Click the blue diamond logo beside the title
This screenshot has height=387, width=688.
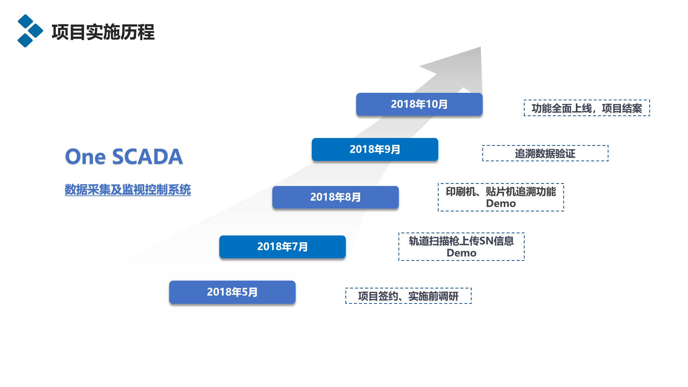[30, 31]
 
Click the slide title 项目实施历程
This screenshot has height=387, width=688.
[103, 32]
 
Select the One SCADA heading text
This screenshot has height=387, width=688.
[124, 157]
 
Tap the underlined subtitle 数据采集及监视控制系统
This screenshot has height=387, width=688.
[128, 190]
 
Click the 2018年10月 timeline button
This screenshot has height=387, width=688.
[419, 104]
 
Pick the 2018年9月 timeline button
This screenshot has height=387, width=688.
[375, 149]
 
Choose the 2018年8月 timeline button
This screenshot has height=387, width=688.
[335, 197]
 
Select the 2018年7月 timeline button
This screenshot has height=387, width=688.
[282, 247]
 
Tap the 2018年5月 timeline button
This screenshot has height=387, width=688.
[232, 292]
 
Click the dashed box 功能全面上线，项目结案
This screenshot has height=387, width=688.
[587, 108]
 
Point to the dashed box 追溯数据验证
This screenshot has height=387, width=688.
[545, 153]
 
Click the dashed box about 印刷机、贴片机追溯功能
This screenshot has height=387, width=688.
[501, 197]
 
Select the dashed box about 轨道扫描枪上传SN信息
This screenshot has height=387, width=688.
[462, 247]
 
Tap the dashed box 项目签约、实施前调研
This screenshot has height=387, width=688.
[408, 296]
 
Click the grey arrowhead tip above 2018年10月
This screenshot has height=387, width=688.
[480, 47]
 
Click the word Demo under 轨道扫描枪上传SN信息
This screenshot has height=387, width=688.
[462, 253]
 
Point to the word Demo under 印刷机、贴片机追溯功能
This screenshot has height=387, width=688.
[501, 204]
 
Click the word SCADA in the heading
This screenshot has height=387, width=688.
[147, 157]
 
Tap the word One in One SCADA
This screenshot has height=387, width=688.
[85, 157]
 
